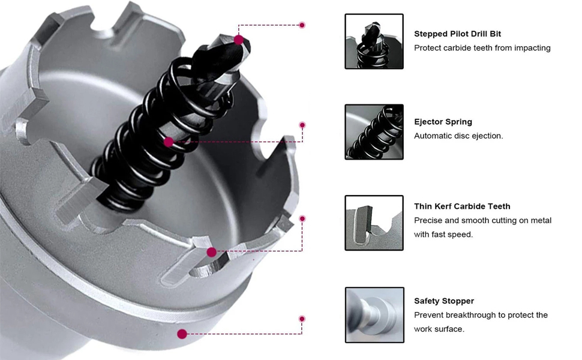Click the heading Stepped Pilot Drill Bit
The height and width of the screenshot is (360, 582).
[457, 34]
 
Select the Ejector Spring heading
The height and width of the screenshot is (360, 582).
[443, 122]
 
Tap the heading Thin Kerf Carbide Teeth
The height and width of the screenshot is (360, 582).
[462, 206]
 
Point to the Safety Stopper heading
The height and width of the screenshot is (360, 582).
[444, 301]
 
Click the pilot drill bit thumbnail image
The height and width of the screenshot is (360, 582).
[374, 41]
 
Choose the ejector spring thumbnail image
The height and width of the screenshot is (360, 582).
[374, 132]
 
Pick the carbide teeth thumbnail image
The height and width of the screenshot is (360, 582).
[374, 223]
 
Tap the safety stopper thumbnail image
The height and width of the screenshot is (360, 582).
[374, 315]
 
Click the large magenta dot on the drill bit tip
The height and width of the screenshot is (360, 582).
[239, 40]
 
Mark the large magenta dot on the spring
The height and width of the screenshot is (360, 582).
[169, 142]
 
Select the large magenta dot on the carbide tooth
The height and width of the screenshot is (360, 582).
[212, 253]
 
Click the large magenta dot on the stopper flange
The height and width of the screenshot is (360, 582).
[182, 334]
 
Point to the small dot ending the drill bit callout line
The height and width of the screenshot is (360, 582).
[302, 25]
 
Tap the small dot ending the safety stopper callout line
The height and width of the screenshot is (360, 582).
[302, 319]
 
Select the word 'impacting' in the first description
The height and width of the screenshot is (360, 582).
[532, 48]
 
